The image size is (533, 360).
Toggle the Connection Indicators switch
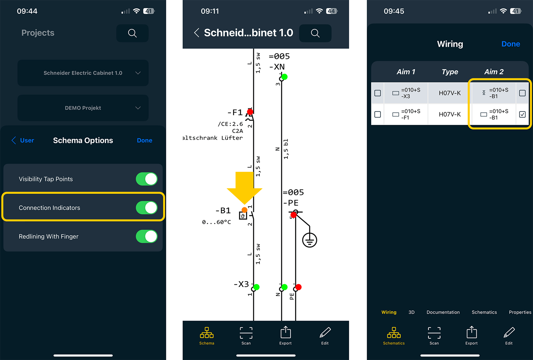147,208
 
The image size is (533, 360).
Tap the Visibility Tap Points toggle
147,179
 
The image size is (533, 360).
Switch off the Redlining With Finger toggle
147,236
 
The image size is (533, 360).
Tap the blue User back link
23,140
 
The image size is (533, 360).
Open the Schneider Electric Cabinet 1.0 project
83,73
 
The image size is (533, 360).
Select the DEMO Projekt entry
83,108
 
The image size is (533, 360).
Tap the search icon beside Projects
132,33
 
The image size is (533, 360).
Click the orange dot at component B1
245,210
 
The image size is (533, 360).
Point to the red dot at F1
250,111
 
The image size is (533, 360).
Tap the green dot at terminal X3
256,287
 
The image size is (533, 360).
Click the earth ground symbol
309,240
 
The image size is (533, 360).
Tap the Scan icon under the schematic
246,336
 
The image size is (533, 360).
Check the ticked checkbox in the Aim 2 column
522,115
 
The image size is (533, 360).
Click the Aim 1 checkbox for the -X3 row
378,93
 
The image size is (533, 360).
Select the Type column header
450,72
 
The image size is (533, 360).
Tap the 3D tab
411,312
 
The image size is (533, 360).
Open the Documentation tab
443,312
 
